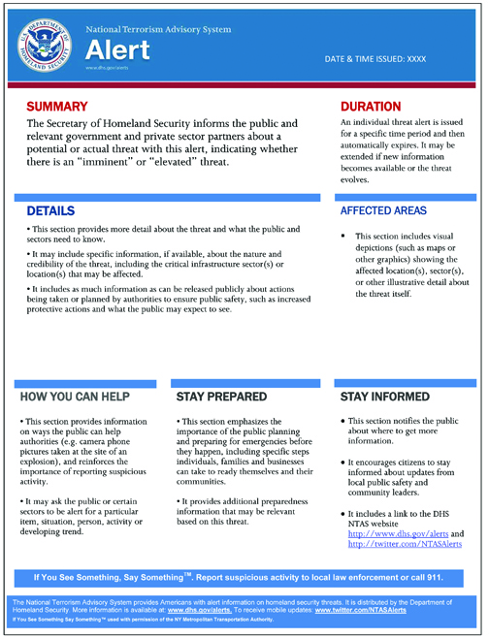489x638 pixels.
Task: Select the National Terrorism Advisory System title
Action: coord(157,29)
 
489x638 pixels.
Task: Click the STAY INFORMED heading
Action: coord(386,398)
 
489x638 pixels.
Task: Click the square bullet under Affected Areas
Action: coord(343,237)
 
